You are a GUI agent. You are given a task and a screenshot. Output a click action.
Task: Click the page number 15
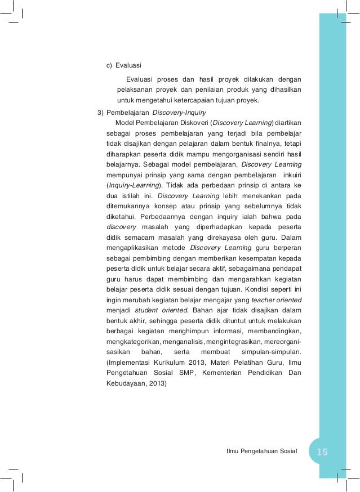pos(322,452)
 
